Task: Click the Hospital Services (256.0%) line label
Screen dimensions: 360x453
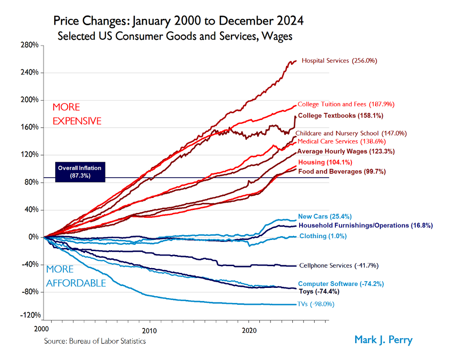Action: coord(339,61)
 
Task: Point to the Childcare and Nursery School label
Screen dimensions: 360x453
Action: coord(351,133)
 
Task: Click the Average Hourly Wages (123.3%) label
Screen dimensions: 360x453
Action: coord(346,151)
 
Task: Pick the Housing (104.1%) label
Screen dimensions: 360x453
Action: coord(325,162)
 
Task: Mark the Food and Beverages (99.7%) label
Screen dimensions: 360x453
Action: coord(338,171)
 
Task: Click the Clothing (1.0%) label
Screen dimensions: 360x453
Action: coord(323,236)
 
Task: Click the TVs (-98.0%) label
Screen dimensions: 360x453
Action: coord(316,304)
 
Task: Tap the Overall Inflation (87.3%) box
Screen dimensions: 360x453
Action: coord(79,172)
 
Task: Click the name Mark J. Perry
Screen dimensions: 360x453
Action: coord(383,340)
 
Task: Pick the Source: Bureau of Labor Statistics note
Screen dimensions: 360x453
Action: coord(95,341)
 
